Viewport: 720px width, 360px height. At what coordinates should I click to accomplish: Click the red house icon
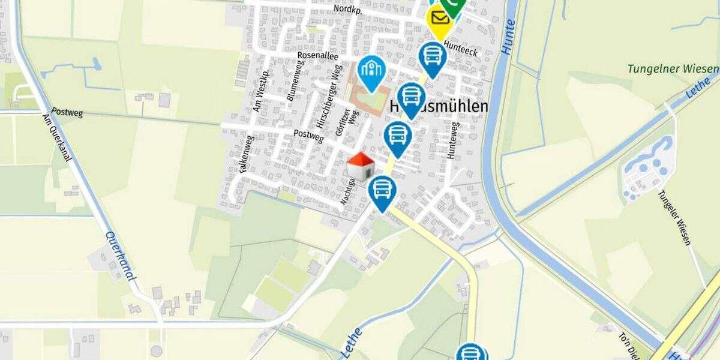(361, 167)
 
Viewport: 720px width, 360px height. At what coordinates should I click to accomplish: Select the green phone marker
(453, 6)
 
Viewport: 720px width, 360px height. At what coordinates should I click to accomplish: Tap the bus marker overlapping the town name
(411, 98)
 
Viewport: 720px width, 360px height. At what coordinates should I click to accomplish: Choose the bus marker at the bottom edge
(471, 353)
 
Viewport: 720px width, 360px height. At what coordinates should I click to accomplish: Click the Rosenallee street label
(318, 56)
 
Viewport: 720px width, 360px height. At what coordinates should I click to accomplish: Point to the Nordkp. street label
(349, 9)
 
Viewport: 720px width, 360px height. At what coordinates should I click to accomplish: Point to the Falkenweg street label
(247, 154)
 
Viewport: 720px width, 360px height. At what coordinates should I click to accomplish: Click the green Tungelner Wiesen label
(673, 68)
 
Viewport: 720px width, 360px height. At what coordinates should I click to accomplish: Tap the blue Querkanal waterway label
(120, 256)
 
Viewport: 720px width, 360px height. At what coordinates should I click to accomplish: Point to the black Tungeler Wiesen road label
(674, 218)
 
